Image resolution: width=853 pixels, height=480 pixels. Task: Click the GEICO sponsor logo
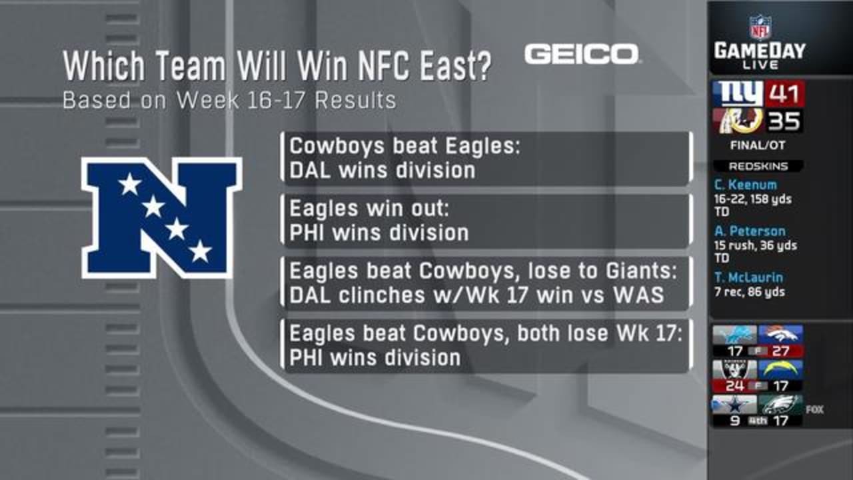pos(582,54)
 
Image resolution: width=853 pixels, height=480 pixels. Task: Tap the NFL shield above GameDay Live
pos(759,27)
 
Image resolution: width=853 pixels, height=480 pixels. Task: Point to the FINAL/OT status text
pos(758,145)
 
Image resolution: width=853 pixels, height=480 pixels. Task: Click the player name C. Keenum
pos(745,185)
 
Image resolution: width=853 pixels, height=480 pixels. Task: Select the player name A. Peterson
pos(750,231)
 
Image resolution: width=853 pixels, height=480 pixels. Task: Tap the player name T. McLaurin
pos(748,277)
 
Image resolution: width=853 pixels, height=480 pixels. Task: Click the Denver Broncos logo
pos(780,335)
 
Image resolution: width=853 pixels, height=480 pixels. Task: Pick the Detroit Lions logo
pos(735,335)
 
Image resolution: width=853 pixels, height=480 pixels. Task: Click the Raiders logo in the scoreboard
pos(735,369)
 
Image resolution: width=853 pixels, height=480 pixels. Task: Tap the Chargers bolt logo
pos(780,369)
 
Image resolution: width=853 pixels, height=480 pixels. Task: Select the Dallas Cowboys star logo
pos(735,405)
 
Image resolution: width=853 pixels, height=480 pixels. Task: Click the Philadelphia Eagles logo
pos(780,405)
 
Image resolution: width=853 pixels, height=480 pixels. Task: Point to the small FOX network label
pos(814,409)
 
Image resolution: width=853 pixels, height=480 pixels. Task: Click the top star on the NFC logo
pos(130,184)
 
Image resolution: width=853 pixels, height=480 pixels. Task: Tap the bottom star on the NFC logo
pos(201,251)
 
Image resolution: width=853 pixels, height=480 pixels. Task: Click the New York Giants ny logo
pos(738,94)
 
